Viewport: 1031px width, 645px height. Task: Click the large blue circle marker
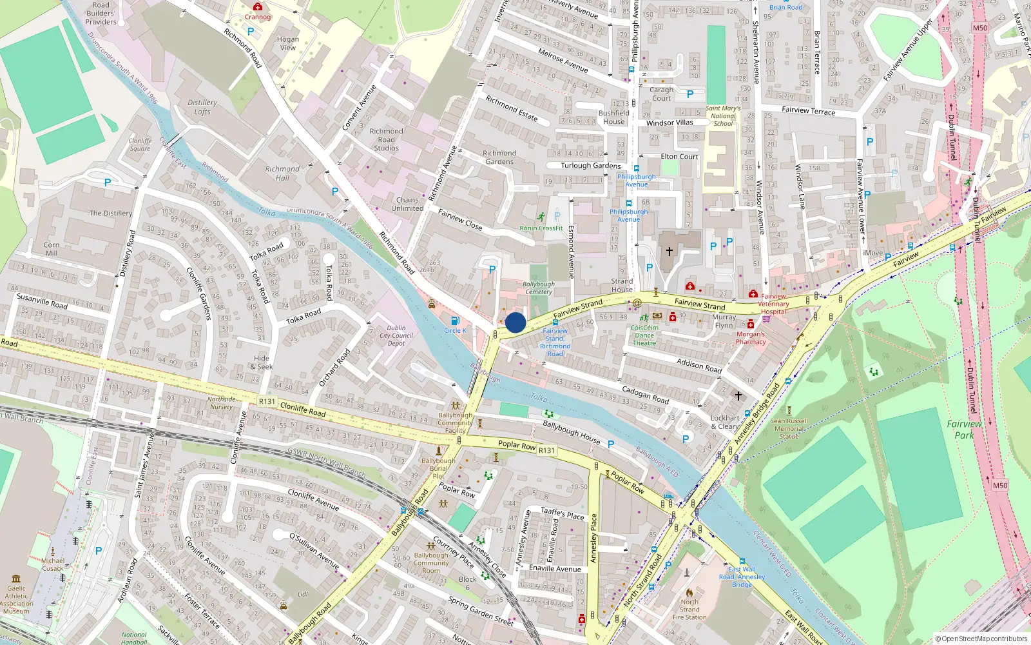(515, 322)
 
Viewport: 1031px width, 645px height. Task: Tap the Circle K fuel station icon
(455, 321)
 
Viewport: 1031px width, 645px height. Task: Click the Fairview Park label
(964, 430)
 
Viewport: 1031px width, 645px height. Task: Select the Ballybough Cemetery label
(539, 288)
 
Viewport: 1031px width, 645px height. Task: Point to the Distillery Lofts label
(202, 107)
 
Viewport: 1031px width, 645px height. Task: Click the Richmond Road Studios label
(386, 139)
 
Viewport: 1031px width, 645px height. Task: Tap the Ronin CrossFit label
(541, 228)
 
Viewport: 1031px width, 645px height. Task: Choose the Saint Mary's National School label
(723, 116)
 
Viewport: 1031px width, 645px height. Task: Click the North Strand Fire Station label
(689, 610)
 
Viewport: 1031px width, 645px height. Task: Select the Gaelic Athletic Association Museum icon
(16, 579)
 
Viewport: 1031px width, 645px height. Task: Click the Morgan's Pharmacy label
(751, 338)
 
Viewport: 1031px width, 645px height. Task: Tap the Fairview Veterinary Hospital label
(773, 304)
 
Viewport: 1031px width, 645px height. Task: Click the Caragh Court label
(661, 94)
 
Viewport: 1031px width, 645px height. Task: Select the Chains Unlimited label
(407, 204)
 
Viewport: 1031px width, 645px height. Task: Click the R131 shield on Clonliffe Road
(267, 401)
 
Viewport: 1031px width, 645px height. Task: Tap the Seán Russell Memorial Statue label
(789, 428)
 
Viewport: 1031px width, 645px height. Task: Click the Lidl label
(303, 595)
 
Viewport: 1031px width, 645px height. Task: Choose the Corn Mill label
(52, 249)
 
